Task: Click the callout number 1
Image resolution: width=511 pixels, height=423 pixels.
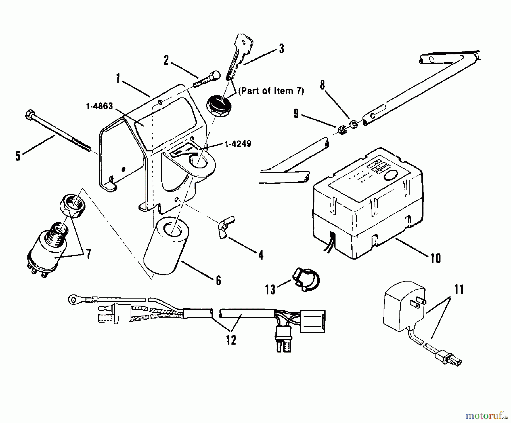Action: coord(118,78)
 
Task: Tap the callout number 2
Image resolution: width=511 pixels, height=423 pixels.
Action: coord(166,60)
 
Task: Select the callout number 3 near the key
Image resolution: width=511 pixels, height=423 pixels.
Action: coord(281,49)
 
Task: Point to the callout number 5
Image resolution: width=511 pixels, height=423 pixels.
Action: coord(18,156)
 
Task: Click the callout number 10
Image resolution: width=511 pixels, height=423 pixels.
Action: coord(435,258)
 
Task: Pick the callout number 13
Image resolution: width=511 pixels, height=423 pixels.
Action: coord(270,290)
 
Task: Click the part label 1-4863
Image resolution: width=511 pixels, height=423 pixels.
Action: coord(99,106)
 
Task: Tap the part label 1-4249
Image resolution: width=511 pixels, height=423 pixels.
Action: coord(238,144)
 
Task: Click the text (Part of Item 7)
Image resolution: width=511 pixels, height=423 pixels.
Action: coord(271,91)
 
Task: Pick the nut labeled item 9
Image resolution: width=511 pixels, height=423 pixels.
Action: coord(343,130)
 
